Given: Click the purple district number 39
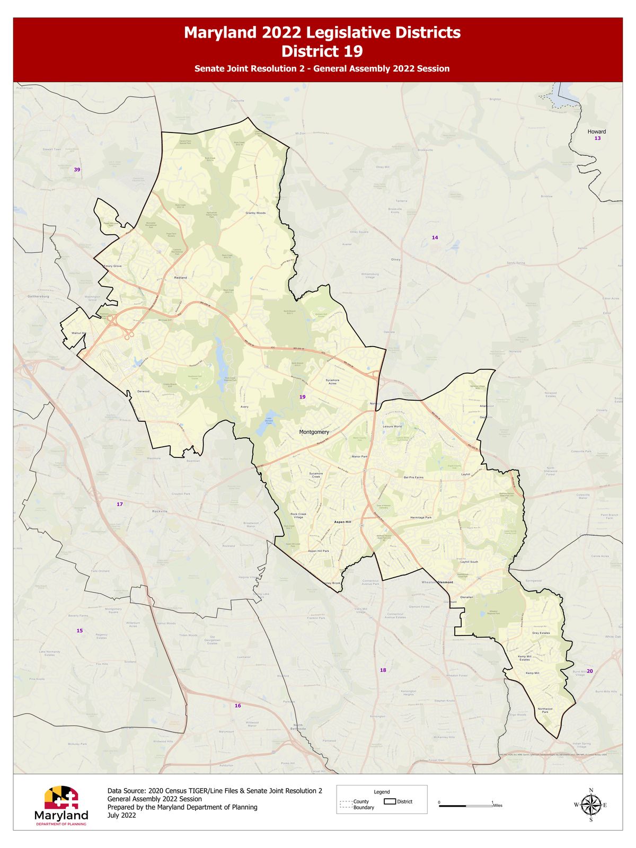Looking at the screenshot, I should [77, 170].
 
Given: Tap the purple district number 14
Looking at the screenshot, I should [435, 237].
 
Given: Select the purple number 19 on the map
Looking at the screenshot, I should [302, 397].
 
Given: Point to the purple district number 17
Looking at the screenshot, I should [119, 504].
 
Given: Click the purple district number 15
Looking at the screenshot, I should [79, 631].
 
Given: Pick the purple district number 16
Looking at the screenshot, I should [237, 705].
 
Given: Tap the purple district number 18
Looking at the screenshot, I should [383, 670].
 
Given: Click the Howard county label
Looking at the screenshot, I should [596, 131].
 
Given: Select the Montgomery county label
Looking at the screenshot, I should [314, 432].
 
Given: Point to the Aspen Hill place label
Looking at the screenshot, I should [342, 522].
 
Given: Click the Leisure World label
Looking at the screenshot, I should [392, 426].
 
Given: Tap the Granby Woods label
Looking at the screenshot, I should [255, 213].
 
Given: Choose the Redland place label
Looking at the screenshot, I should [180, 278].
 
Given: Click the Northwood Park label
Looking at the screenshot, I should [545, 710].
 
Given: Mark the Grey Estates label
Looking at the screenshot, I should [541, 633].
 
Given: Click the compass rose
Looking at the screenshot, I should [590, 805].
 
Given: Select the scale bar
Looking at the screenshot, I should [465, 806].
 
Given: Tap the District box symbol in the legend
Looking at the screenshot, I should [390, 801].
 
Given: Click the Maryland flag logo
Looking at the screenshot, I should [61, 797].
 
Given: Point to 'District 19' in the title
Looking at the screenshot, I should [322, 51].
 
